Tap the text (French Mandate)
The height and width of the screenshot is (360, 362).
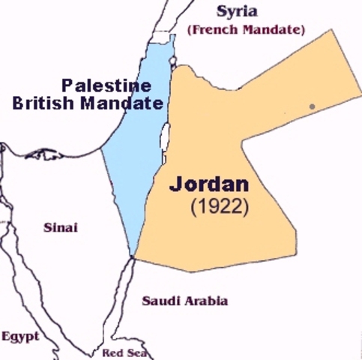click(247, 30)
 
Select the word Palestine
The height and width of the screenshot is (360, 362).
click(106, 85)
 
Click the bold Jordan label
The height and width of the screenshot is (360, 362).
click(209, 184)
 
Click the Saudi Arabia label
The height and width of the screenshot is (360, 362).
click(185, 301)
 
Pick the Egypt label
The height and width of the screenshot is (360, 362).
click(20, 337)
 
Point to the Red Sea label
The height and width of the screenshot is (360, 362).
click(124, 353)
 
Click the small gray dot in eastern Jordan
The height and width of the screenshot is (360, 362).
click(312, 106)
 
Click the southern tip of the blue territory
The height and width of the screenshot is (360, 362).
click(133, 256)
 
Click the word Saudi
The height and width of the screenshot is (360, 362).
click(158, 301)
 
